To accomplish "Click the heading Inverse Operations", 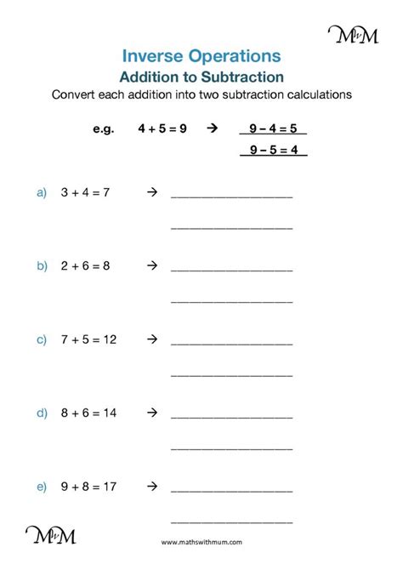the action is (201, 56).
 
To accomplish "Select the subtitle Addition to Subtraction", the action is (201, 77).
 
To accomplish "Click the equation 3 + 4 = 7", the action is (86, 192).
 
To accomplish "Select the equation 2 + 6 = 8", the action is (86, 265).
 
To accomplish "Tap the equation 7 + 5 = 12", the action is (88, 339).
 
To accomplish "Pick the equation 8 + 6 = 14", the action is (88, 413).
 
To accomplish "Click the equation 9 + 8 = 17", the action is (88, 487).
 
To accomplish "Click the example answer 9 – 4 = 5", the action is (272, 129).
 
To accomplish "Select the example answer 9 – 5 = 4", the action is (272, 151).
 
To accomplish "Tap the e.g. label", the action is (102, 129).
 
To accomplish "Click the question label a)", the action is (41, 192).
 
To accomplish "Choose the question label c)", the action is (41, 339).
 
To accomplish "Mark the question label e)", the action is (41, 487).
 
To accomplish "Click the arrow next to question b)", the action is (152, 265).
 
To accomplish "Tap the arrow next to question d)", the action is (152, 413).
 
